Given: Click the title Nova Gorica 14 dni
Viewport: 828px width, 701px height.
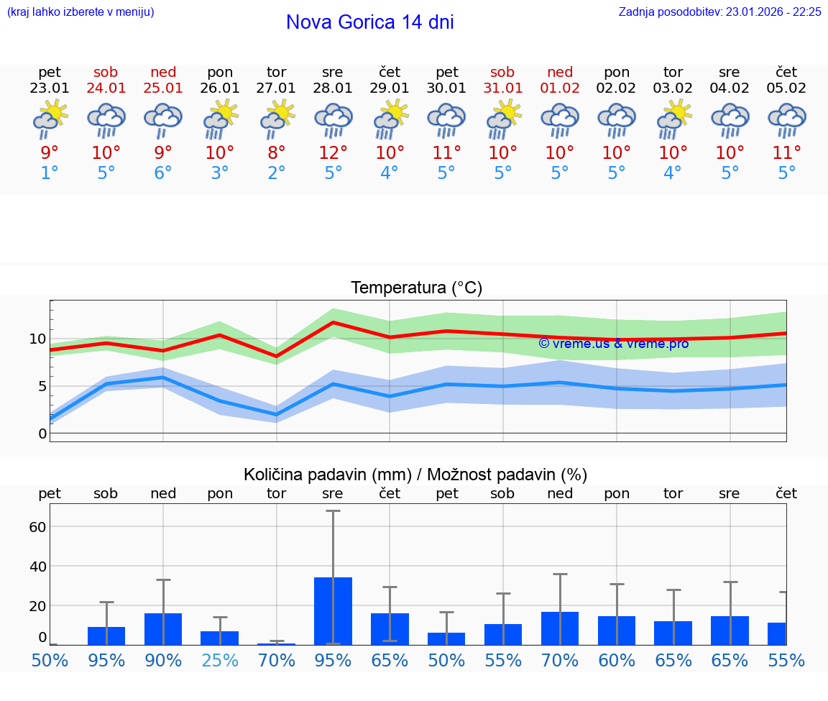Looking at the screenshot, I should pyautogui.click(x=369, y=22).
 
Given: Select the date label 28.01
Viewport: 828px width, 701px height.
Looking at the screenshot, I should pyautogui.click(x=333, y=88).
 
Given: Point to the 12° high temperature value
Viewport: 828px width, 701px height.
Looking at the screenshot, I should pyautogui.click(x=333, y=153).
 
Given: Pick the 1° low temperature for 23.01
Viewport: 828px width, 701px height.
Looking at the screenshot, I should pyautogui.click(x=50, y=173).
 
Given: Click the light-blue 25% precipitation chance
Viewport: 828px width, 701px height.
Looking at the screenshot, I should pyautogui.click(x=220, y=660).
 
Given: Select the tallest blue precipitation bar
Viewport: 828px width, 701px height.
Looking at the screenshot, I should pyautogui.click(x=333, y=610).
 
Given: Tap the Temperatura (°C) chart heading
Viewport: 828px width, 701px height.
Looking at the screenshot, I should pyautogui.click(x=416, y=288).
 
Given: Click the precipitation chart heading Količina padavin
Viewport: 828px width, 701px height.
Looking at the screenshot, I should pyautogui.click(x=415, y=475).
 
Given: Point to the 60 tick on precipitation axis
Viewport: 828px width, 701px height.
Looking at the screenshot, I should pyautogui.click(x=37, y=526).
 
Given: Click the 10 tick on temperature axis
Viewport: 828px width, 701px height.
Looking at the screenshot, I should pyautogui.click(x=38, y=339).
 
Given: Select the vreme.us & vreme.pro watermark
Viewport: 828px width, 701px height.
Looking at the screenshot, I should pyautogui.click(x=613, y=344).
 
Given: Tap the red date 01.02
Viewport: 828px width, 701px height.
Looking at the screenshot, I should pyautogui.click(x=560, y=88).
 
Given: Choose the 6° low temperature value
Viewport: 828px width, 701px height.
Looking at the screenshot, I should pyautogui.click(x=163, y=173).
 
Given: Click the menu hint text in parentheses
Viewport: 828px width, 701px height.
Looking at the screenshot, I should pyautogui.click(x=80, y=12).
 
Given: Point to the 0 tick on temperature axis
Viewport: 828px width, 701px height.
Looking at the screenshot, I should pyautogui.click(x=42, y=434).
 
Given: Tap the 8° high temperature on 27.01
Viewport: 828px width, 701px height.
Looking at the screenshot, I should pyautogui.click(x=277, y=153).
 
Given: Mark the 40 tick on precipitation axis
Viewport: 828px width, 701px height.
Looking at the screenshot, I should pyautogui.click(x=37, y=566).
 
